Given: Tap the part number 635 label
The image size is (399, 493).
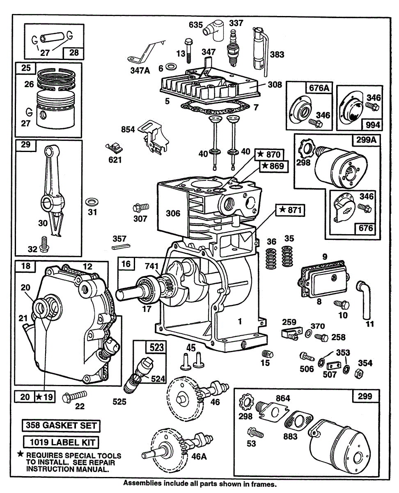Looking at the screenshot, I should click(196, 25).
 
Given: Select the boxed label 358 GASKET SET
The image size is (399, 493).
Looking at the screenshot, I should click(61, 425).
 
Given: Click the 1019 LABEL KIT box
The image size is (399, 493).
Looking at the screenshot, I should click(61, 442).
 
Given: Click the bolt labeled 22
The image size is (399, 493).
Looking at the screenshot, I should click(75, 397).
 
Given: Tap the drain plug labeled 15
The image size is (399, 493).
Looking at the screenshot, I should click(267, 354).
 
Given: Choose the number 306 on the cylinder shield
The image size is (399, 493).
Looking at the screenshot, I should click(173, 213).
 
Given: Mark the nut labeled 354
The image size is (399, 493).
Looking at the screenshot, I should click(357, 373).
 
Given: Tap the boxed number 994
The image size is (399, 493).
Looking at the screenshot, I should click(372, 124).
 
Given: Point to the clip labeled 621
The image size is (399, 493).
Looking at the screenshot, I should click(115, 146).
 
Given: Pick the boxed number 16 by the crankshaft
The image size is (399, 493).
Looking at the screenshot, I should click(126, 264).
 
